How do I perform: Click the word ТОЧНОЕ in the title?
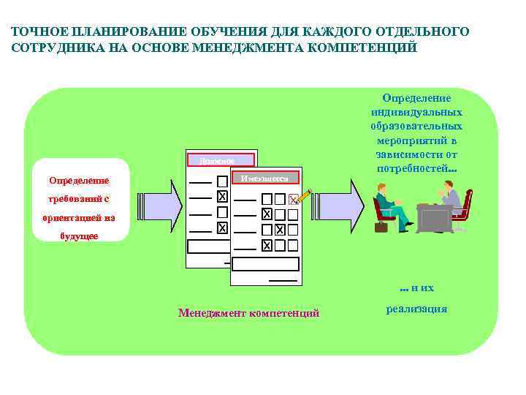tap(36, 32)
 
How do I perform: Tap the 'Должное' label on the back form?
tap(220, 160)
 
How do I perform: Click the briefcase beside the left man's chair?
tap(381, 226)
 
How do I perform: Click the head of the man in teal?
tap(382, 189)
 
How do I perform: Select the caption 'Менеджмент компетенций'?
tap(248, 313)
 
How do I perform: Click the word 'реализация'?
tap(416, 309)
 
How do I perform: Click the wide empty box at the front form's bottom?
tap(266, 264)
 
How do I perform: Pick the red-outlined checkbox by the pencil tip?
tap(293, 200)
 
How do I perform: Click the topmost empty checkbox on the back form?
tap(221, 180)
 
